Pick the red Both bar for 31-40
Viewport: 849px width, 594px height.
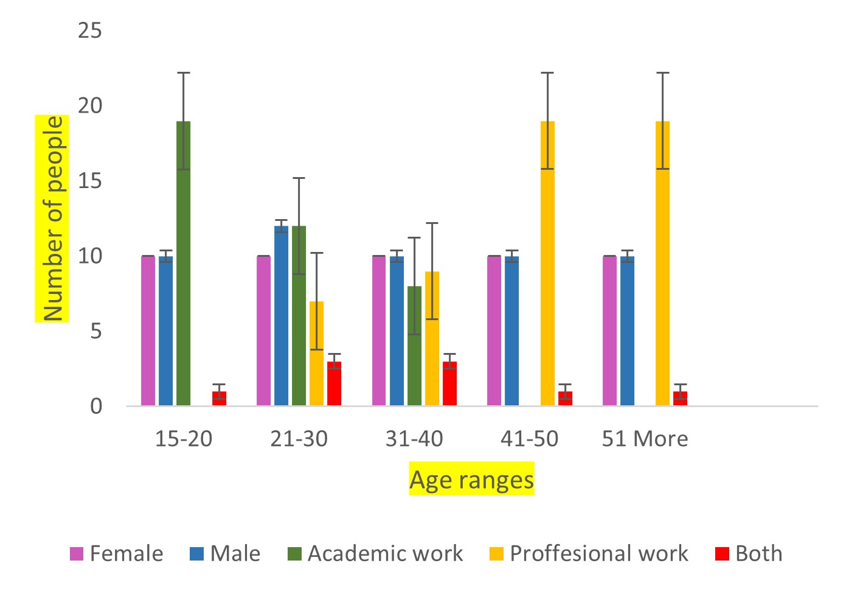449,383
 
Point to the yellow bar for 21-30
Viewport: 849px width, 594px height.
316,353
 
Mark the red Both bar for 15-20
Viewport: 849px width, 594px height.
219,398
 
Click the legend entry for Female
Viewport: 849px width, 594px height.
116,554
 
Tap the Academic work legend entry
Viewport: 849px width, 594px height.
375,554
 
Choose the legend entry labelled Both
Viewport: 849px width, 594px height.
749,554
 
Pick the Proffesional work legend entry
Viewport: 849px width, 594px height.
589,554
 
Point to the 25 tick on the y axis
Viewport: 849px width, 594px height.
90,30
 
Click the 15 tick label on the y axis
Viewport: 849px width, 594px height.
90,181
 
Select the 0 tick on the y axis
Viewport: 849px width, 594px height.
96,406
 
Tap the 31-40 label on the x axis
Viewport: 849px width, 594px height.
414,439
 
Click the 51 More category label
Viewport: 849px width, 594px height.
645,439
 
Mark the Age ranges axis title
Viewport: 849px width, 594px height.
471,480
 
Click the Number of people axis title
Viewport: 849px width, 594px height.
53,218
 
